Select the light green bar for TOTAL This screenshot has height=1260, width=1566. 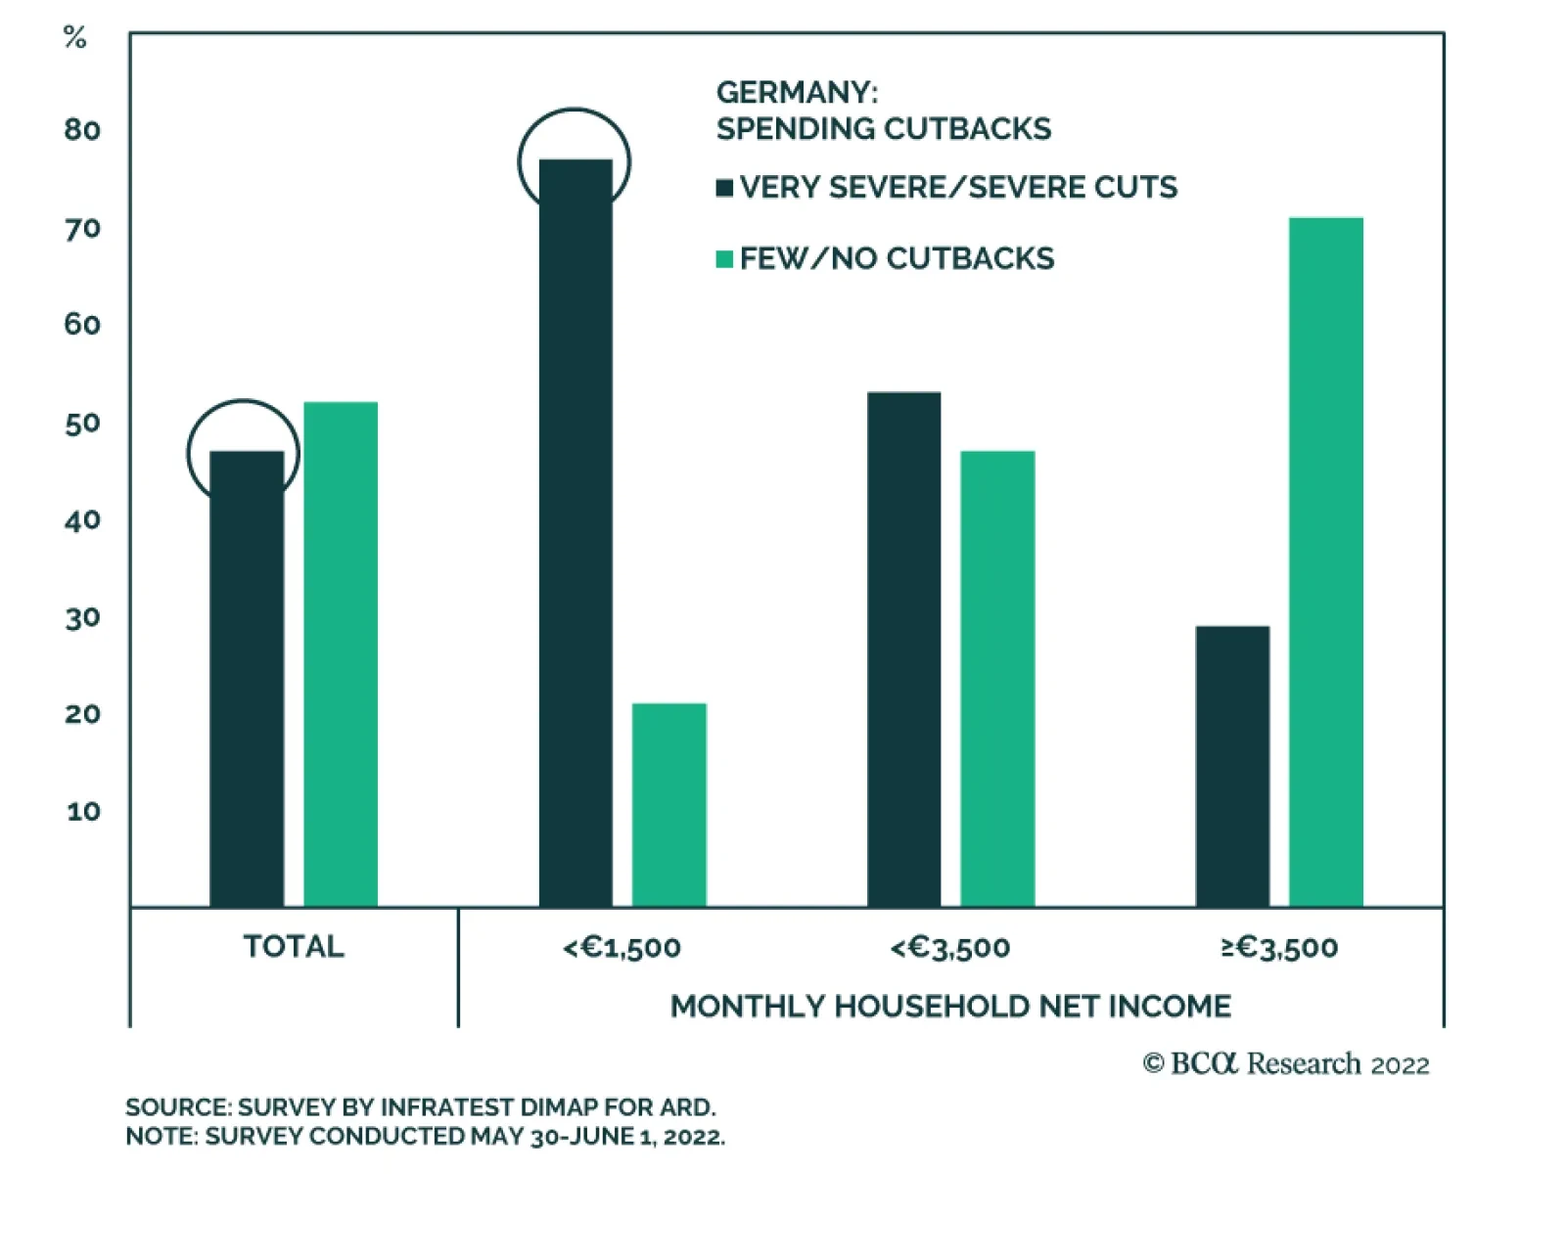point(341,654)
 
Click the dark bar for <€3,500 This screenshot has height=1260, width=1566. point(904,650)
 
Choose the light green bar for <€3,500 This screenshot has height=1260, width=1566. point(997,679)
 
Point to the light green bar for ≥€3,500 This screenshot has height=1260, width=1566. point(1326,562)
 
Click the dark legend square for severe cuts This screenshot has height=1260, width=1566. point(724,188)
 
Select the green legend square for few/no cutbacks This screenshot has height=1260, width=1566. point(724,259)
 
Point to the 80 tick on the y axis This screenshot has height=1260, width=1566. point(82,130)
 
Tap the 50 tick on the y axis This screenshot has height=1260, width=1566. point(82,424)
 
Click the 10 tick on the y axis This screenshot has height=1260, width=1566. point(83,811)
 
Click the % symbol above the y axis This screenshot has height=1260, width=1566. point(74,38)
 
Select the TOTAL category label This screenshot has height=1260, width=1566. point(294,946)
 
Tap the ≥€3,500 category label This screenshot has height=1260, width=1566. point(1279,947)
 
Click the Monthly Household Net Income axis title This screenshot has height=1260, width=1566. point(950,1007)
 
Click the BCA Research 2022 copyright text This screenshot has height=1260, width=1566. point(1285,1064)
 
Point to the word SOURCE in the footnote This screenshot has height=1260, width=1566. point(177,1107)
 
